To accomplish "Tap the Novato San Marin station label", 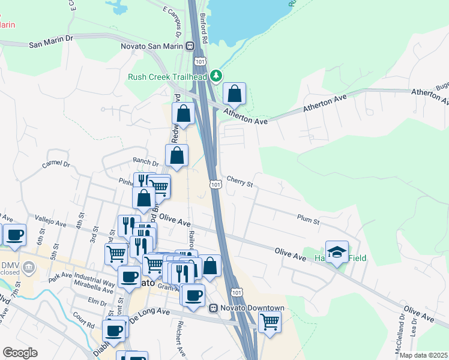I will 153,45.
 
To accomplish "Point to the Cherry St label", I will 240,181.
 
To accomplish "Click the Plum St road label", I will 307,220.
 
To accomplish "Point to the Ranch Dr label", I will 146,162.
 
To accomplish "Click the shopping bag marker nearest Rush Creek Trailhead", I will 234,94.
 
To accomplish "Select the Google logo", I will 20,353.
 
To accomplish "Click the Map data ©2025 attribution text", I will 423,355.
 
